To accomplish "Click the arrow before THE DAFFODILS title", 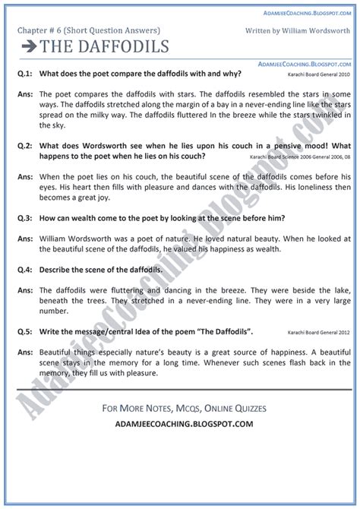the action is coord(29,46).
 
